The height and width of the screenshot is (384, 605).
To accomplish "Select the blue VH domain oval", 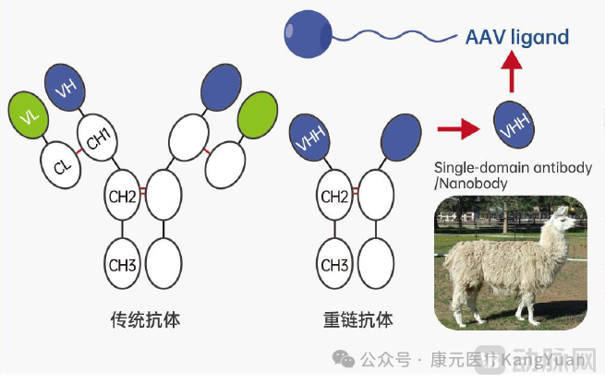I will pyautogui.click(x=65, y=89).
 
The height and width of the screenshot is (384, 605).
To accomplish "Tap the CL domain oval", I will pyautogui.click(x=61, y=166).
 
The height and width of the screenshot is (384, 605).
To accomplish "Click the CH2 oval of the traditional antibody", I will pyautogui.click(x=126, y=195).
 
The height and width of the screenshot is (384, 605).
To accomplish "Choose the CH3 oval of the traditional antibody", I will pyautogui.click(x=126, y=264).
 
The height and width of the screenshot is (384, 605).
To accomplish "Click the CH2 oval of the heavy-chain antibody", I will pyautogui.click(x=335, y=195).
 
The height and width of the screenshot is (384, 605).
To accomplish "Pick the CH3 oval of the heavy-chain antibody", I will pyautogui.click(x=335, y=264).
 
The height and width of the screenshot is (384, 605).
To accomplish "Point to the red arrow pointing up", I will pyautogui.click(x=514, y=69).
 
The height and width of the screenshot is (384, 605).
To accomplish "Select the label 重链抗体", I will pyautogui.click(x=358, y=319).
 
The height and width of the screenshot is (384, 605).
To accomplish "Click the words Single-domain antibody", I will pyautogui.click(x=504, y=167).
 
